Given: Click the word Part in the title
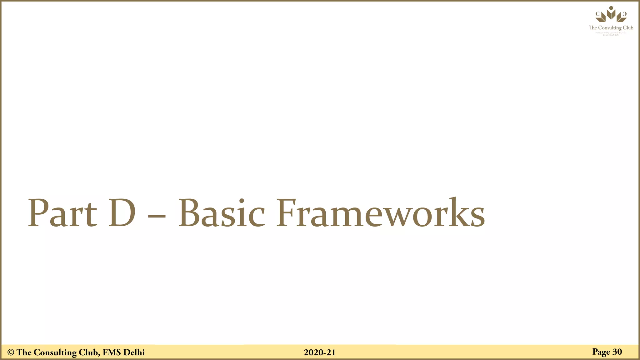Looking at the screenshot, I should pyautogui.click(x=62, y=213).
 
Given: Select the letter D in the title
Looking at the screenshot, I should pyautogui.click(x=122, y=213).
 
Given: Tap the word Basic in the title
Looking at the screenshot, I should pyautogui.click(x=222, y=213).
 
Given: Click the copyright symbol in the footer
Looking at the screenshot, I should pyautogui.click(x=11, y=352).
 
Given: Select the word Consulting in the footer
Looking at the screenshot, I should pyautogui.click(x=55, y=352).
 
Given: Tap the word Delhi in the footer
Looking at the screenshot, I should pyautogui.click(x=134, y=352).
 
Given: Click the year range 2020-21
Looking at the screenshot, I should pyautogui.click(x=319, y=352).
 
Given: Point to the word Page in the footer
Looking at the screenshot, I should pyautogui.click(x=601, y=352).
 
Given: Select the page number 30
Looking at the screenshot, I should pyautogui.click(x=617, y=352).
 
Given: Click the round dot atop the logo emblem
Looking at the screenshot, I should pyautogui.click(x=611, y=8).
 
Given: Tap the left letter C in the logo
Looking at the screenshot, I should pyautogui.click(x=597, y=14).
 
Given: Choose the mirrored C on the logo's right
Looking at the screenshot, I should pyautogui.click(x=624, y=14).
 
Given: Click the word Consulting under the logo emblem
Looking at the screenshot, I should pyautogui.click(x=610, y=28).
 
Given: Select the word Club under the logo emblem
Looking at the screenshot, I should pyautogui.click(x=628, y=27).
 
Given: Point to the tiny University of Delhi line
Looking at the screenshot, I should pyautogui.click(x=611, y=35).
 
